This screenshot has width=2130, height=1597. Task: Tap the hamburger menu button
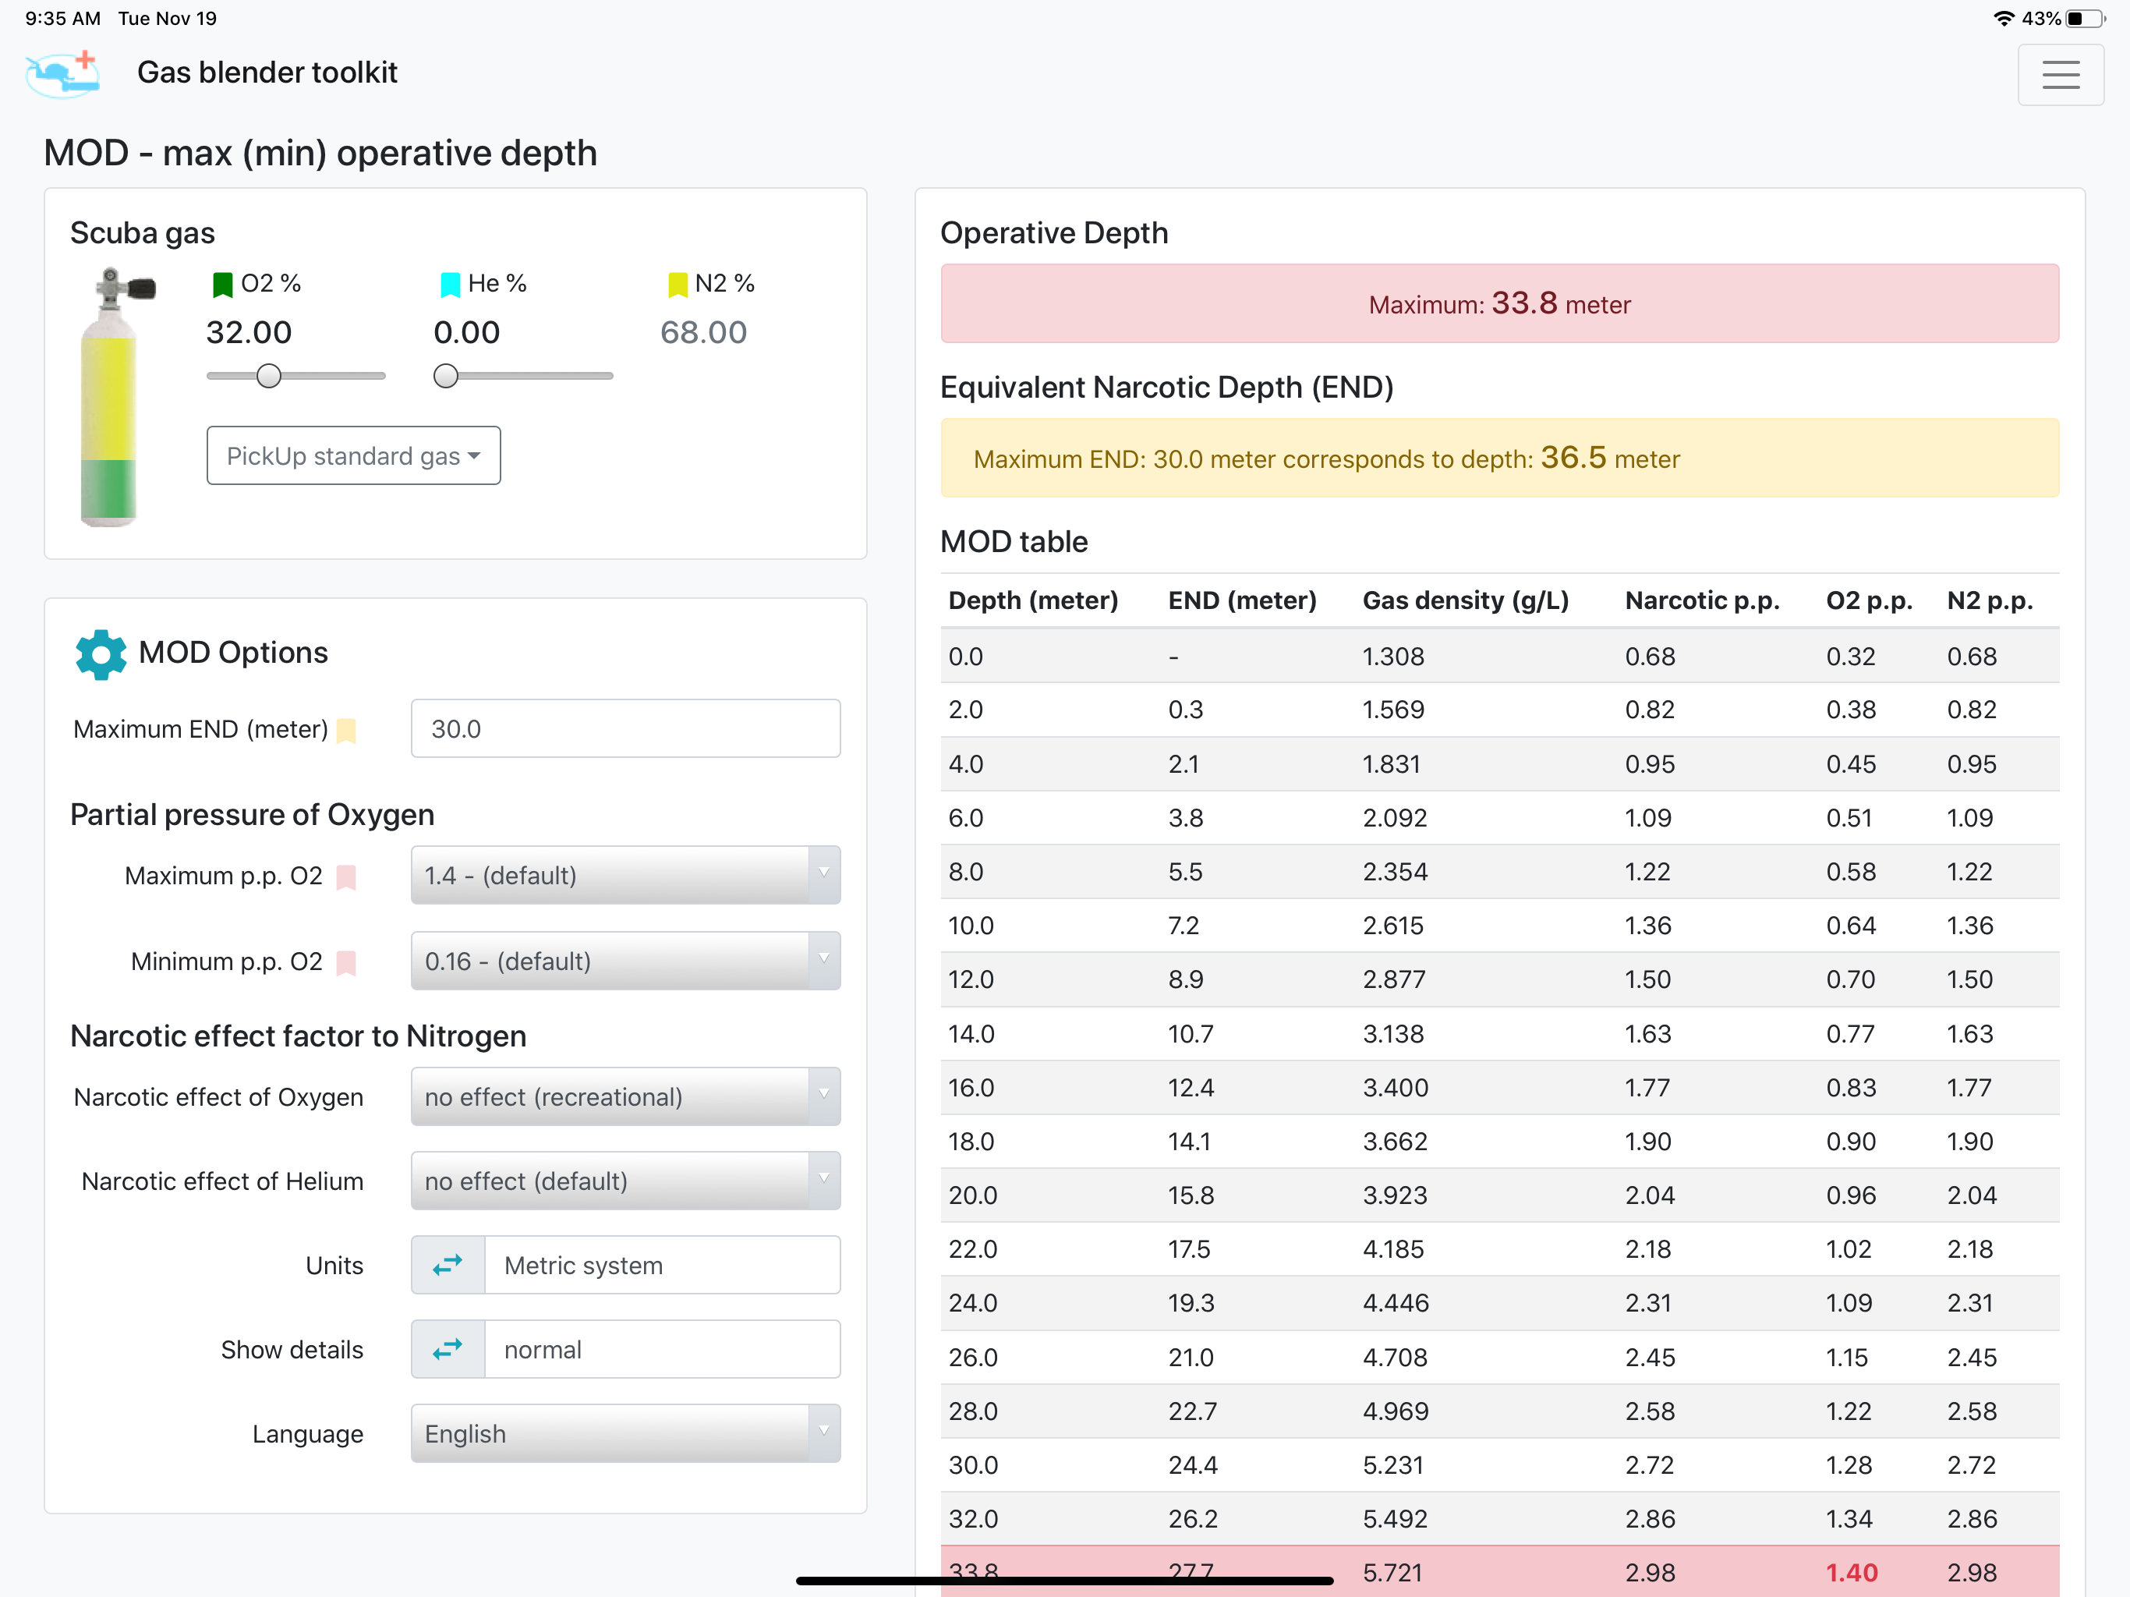pyautogui.click(x=2060, y=74)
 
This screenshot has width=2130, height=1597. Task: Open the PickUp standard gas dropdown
pyautogui.click(x=353, y=455)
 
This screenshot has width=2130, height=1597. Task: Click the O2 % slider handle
pyautogui.click(x=269, y=376)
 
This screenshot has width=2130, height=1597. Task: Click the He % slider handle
pyautogui.click(x=446, y=376)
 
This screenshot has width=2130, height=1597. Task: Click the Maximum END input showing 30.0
pyautogui.click(x=625, y=729)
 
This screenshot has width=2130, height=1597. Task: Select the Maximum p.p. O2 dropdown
pyautogui.click(x=625, y=876)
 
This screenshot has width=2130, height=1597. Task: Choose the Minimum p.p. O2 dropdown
pyautogui.click(x=625, y=961)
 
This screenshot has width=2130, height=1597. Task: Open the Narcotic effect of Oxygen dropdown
pyautogui.click(x=625, y=1097)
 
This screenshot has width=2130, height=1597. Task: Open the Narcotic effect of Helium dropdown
pyautogui.click(x=625, y=1181)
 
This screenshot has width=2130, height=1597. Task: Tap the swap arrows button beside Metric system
pyautogui.click(x=448, y=1266)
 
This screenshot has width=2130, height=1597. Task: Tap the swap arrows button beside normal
pyautogui.click(x=448, y=1350)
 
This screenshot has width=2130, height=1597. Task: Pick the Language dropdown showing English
pyautogui.click(x=625, y=1434)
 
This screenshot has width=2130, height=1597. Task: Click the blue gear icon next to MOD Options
pyautogui.click(x=100, y=655)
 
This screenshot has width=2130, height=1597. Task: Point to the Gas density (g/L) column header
pyautogui.click(x=1466, y=601)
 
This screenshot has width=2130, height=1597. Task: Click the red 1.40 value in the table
pyautogui.click(x=1852, y=1573)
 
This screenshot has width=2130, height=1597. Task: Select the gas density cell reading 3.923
pyautogui.click(x=1394, y=1195)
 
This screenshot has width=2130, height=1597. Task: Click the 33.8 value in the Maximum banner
pyautogui.click(x=1524, y=303)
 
